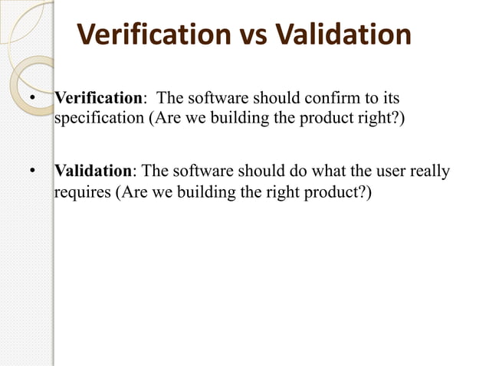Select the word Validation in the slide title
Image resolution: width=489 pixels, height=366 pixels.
point(344,35)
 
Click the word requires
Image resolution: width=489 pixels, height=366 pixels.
point(82,191)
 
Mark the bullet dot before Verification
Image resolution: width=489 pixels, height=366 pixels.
point(31,100)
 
